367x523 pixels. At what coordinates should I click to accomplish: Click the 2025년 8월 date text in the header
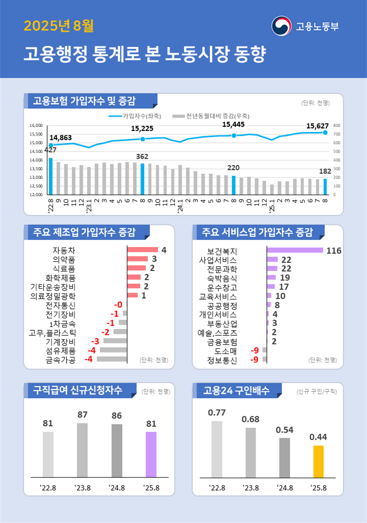tap(59, 26)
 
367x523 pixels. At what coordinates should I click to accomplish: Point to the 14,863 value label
tap(60, 138)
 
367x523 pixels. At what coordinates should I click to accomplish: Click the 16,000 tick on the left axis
tap(36, 126)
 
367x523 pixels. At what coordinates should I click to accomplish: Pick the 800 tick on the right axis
tap(336, 126)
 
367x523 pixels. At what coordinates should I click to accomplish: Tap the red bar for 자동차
tap(142, 250)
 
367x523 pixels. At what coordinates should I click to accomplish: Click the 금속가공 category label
tap(60, 359)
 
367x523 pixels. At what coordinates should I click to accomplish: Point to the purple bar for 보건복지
tap(295, 250)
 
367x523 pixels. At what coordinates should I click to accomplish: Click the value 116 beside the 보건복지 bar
tap(334, 251)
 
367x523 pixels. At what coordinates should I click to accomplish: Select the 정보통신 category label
tap(222, 359)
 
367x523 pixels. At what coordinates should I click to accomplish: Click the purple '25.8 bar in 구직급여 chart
tap(151, 454)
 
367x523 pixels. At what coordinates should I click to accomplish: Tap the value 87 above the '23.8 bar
tap(82, 415)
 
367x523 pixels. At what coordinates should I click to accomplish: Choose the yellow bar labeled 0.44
tap(318, 461)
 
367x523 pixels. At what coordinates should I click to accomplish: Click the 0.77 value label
tap(217, 412)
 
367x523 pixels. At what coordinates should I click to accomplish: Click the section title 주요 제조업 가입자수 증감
tap(82, 232)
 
